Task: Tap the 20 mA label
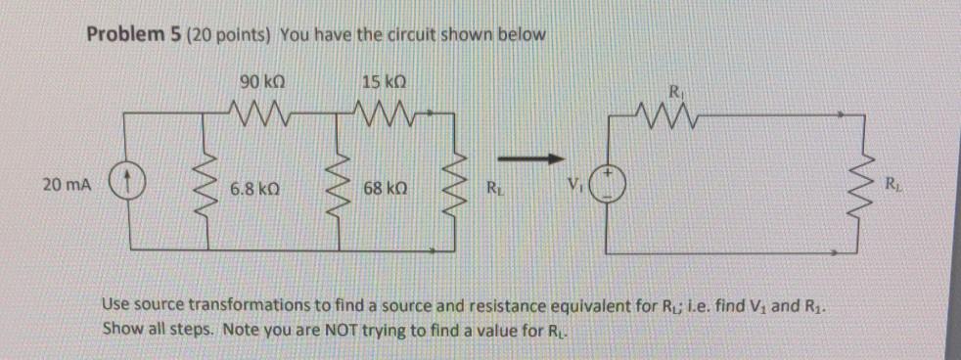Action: coord(64,183)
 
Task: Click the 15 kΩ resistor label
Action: coord(378,80)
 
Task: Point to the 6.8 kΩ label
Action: coord(257,185)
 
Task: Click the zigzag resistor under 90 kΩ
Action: coord(258,108)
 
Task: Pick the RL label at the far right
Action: coord(891,182)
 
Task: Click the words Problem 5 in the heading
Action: coord(127,35)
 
